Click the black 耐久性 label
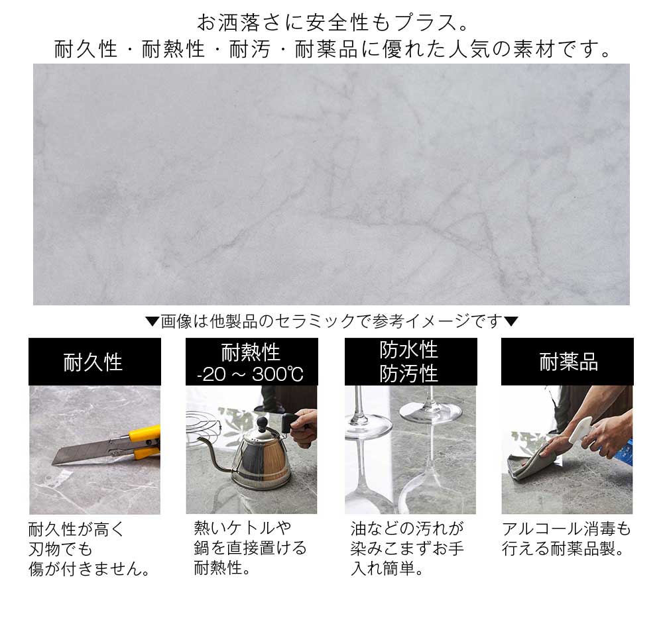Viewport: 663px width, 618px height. pyautogui.click(x=94, y=362)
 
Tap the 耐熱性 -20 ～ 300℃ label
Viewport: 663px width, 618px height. pyautogui.click(x=251, y=362)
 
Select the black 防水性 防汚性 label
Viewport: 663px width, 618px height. pyautogui.click(x=410, y=362)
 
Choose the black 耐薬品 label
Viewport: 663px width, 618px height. pyautogui.click(x=568, y=362)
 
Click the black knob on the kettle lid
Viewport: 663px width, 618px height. pyautogui.click(x=261, y=422)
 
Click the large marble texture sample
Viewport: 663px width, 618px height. pyautogui.click(x=331, y=184)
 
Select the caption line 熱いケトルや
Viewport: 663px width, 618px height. pyautogui.click(x=243, y=528)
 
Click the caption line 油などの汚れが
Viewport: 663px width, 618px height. pyautogui.click(x=407, y=529)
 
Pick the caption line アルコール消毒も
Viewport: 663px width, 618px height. pyautogui.click(x=567, y=529)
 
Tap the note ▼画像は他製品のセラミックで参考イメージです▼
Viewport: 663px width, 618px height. pyautogui.click(x=331, y=322)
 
